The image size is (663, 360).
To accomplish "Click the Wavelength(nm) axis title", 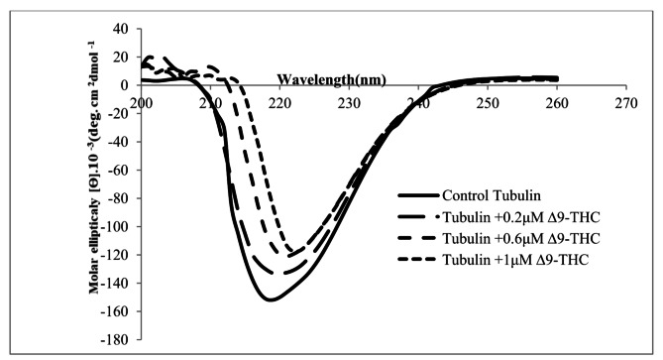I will click(331, 78).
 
